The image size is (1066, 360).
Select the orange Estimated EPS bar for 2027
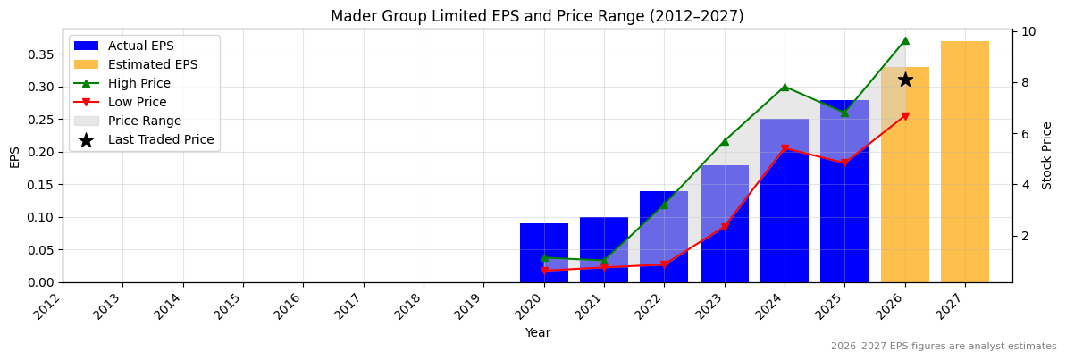click(965, 161)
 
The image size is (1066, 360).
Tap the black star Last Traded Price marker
click(905, 80)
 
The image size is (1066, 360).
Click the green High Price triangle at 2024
click(785, 87)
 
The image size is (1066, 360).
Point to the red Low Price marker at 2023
click(725, 227)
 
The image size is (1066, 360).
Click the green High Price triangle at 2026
click(905, 40)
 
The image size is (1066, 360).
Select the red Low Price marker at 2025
click(844, 163)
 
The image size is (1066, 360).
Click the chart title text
click(536, 16)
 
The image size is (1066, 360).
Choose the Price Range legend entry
click(145, 121)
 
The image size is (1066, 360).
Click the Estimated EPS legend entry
click(153, 64)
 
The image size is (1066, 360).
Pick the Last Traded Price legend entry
click(161, 139)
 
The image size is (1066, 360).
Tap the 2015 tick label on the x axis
click(233, 306)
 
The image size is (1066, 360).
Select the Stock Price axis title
click(1047, 155)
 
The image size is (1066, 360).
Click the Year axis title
click(537, 332)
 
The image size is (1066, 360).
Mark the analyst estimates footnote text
click(944, 347)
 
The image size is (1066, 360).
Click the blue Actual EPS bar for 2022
click(664, 237)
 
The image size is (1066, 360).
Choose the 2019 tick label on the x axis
click(474, 306)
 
